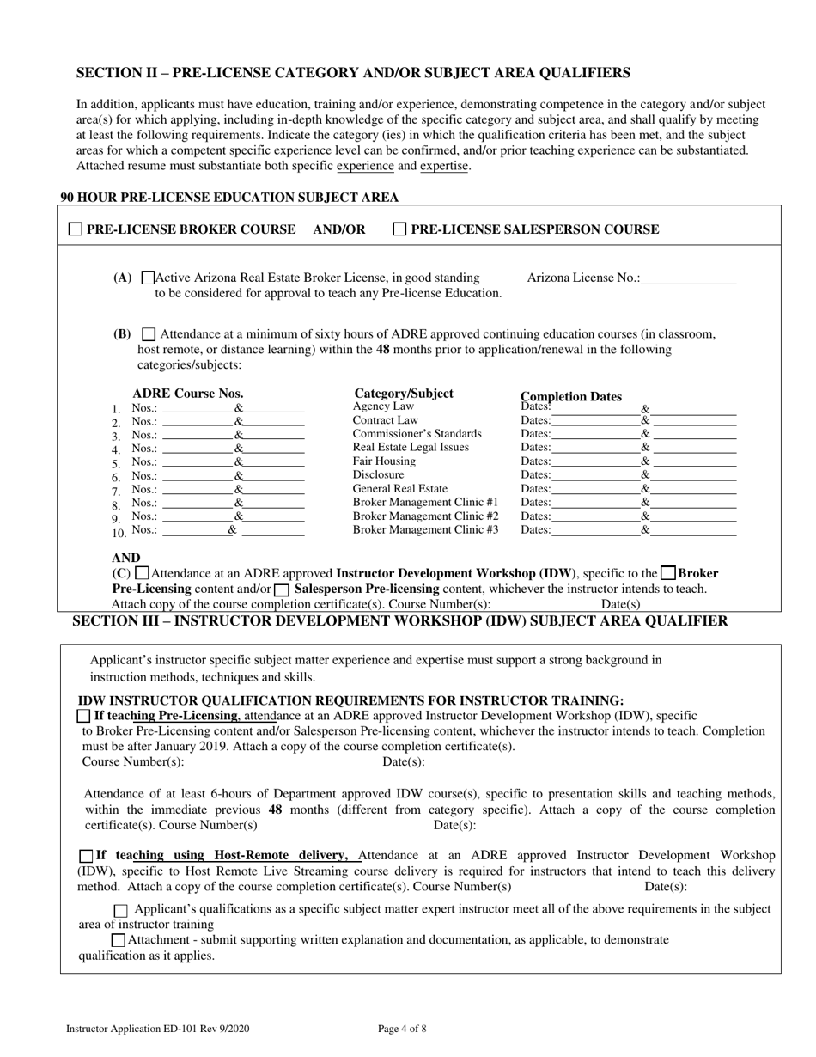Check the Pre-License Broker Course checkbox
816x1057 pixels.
[x=75, y=229]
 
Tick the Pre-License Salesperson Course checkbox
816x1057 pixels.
[x=399, y=229]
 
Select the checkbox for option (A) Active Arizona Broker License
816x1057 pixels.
[x=147, y=278]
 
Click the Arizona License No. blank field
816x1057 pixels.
[x=688, y=278]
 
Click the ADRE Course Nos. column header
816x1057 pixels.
[x=188, y=394]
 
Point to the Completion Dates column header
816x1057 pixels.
[x=571, y=396]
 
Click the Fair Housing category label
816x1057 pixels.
[x=384, y=461]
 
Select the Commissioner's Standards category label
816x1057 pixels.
[x=417, y=433]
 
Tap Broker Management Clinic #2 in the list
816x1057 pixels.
[x=425, y=516]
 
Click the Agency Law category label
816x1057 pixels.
[x=383, y=406]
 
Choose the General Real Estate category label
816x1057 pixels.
[x=400, y=488]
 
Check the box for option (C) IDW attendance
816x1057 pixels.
[x=143, y=573]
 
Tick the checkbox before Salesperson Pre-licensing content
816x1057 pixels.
[x=281, y=590]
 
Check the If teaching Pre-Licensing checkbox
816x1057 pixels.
[x=83, y=715]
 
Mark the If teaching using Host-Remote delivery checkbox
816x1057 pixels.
[x=85, y=856]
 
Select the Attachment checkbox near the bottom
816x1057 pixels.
[x=118, y=940]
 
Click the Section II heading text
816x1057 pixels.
[x=353, y=73]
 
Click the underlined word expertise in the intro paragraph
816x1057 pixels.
[x=444, y=166]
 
